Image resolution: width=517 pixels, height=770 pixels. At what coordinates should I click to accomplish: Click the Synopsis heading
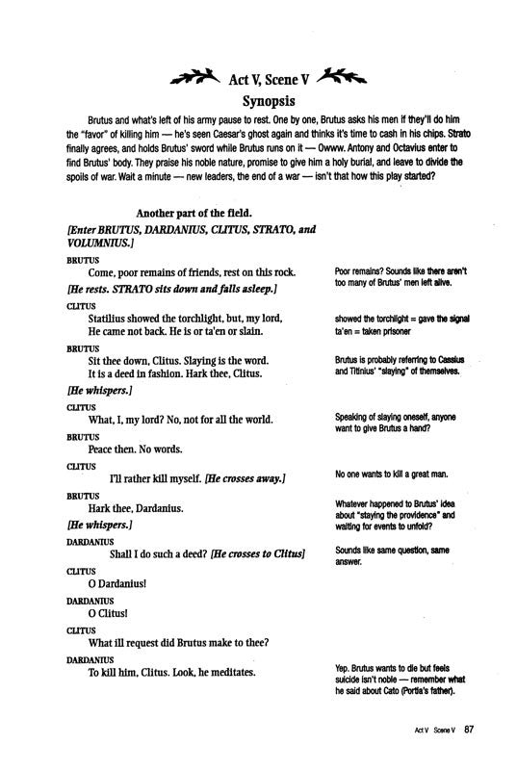pyautogui.click(x=258, y=99)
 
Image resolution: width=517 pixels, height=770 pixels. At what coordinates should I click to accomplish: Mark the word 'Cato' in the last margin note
pyautogui.click(x=405, y=691)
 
